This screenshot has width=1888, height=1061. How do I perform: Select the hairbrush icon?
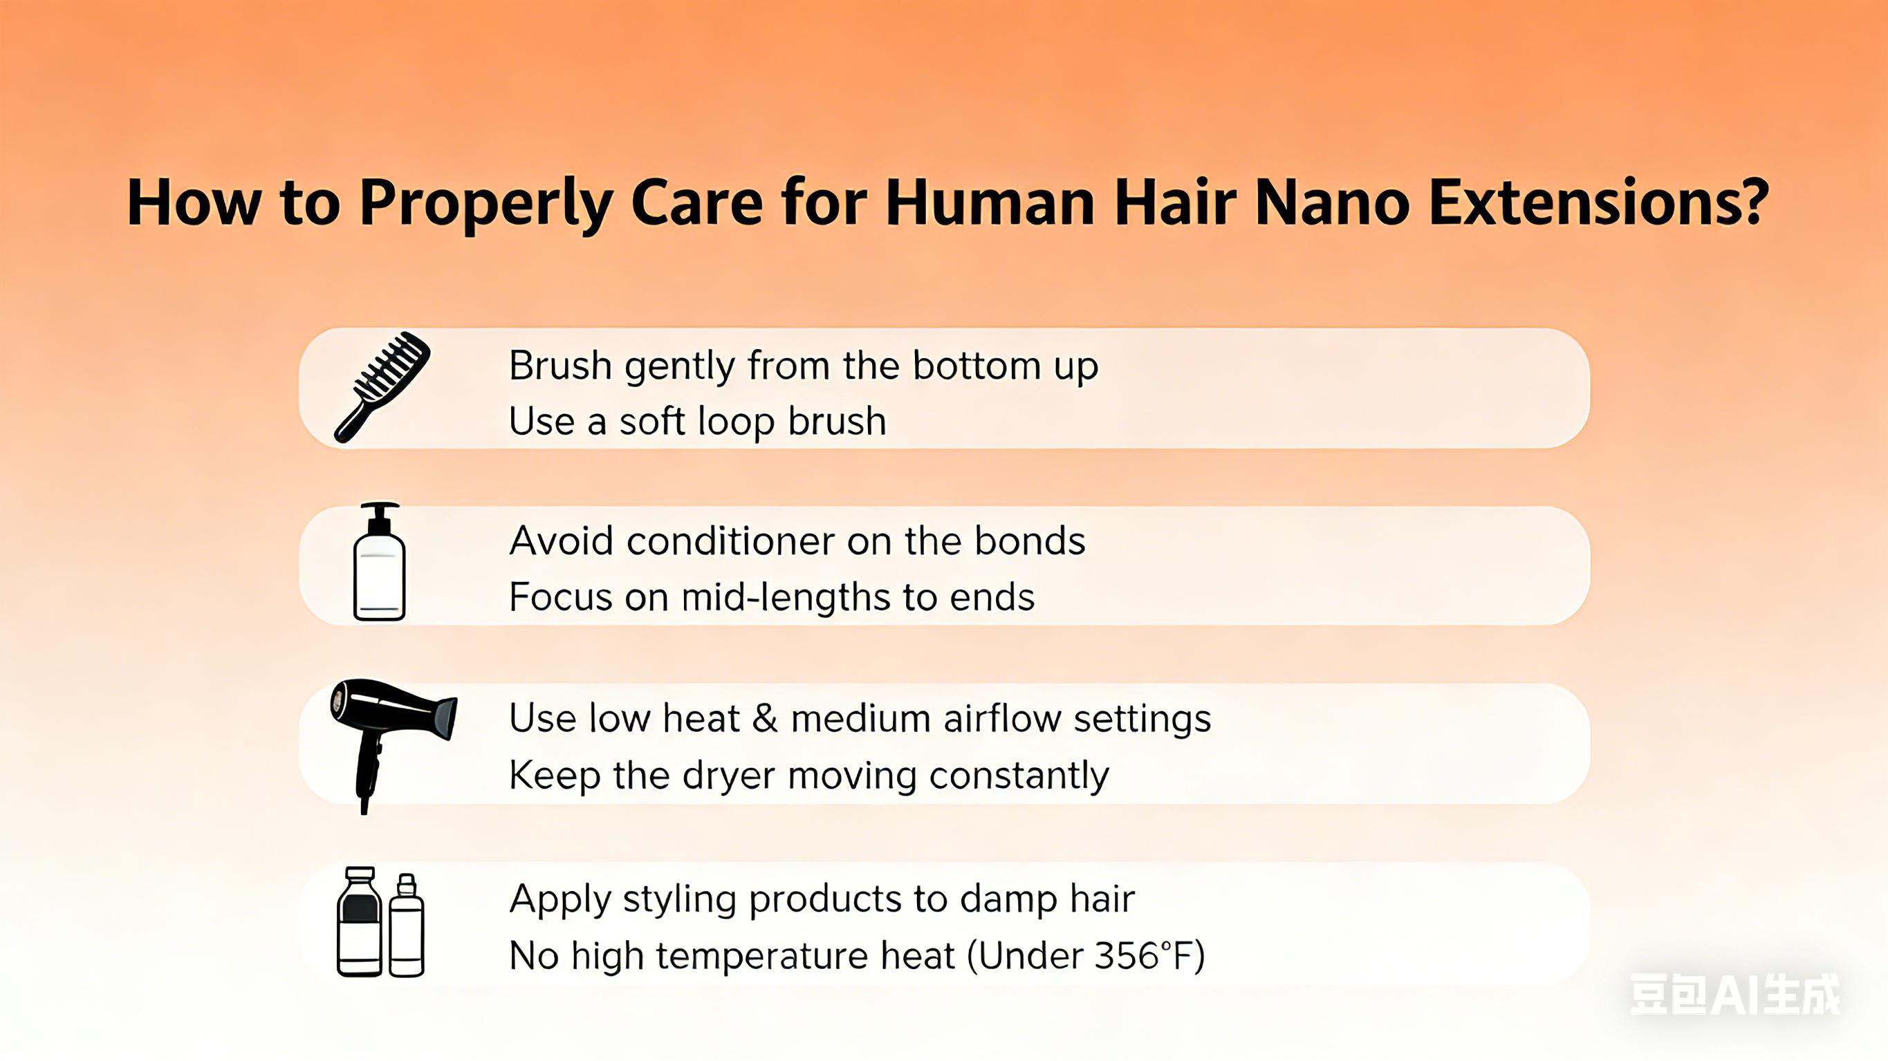[381, 387]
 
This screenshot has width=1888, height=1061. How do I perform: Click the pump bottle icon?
[379, 563]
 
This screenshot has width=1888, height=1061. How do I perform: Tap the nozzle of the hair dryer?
[444, 719]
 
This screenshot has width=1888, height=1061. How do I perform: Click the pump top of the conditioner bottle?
[380, 517]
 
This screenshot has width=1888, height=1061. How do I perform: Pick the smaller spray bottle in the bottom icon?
[406, 927]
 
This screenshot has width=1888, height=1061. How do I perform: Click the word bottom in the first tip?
[977, 366]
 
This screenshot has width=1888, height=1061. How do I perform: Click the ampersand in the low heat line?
[764, 719]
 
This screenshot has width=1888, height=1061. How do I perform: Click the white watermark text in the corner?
[1734, 995]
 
